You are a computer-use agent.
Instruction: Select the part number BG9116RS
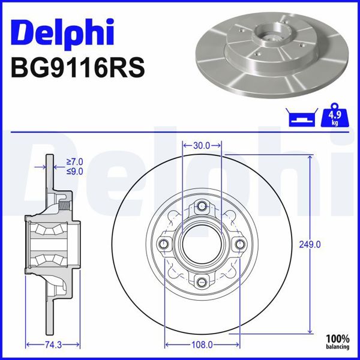point(77,67)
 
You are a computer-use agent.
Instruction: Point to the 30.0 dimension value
point(202,145)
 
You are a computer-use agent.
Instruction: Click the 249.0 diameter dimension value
point(310,244)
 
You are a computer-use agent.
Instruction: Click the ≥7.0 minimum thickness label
point(74,161)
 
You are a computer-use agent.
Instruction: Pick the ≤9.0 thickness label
point(74,171)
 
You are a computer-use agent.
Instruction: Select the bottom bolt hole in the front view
point(202,282)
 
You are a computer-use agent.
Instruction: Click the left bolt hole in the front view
point(164,244)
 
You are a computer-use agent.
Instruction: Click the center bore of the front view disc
point(202,244)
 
